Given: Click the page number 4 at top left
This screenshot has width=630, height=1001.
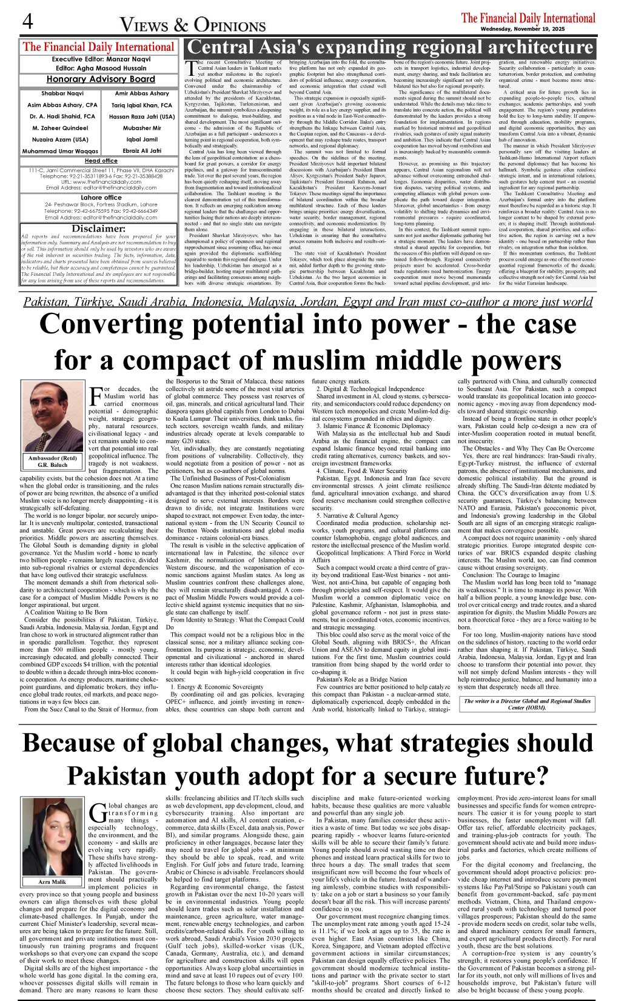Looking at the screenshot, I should pos(27,22).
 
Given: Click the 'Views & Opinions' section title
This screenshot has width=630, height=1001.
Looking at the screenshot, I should pos(193,25).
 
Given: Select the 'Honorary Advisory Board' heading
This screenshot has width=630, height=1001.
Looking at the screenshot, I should pos(101,79).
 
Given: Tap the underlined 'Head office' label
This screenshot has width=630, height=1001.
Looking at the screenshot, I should pos(101,161).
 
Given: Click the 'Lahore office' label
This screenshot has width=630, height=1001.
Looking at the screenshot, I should pos(101,198).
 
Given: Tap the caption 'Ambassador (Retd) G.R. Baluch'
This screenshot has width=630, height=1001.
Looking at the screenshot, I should pos(52,462).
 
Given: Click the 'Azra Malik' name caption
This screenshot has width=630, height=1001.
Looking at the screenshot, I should pos(52,882).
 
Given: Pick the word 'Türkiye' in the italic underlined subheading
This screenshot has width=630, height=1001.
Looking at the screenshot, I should pos(110,302).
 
